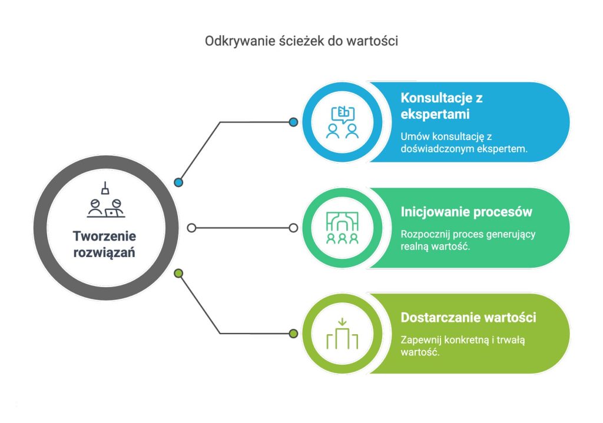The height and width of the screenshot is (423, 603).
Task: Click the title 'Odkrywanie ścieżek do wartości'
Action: (x=301, y=41)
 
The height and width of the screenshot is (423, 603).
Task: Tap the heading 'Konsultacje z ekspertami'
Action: (x=442, y=106)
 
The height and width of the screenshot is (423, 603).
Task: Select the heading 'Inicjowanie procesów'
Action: (x=466, y=212)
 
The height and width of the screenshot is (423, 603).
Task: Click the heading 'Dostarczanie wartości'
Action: (x=468, y=317)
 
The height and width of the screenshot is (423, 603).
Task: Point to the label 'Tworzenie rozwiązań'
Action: (x=104, y=244)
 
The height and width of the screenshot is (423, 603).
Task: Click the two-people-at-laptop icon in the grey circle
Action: (x=106, y=200)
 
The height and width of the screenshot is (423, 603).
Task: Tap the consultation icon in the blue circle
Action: (x=342, y=122)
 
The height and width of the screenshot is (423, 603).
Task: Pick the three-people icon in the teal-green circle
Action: (x=342, y=228)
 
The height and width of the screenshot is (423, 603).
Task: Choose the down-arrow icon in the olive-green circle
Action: (x=342, y=334)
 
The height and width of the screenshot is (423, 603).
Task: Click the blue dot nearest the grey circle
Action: (x=178, y=182)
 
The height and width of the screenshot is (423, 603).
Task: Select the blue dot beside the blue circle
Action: (x=293, y=122)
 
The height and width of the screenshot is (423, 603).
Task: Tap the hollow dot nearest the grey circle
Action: (x=191, y=228)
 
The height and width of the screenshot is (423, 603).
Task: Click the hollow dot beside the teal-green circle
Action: (x=293, y=228)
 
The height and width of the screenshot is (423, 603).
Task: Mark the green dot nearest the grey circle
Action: (x=178, y=274)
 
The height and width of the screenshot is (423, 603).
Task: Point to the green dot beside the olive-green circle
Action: (x=293, y=334)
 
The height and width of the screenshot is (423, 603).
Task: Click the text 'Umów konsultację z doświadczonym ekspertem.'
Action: (x=464, y=142)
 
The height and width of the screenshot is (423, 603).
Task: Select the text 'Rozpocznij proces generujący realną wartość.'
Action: (x=468, y=240)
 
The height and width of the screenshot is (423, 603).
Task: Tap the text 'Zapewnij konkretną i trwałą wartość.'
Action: (x=463, y=346)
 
